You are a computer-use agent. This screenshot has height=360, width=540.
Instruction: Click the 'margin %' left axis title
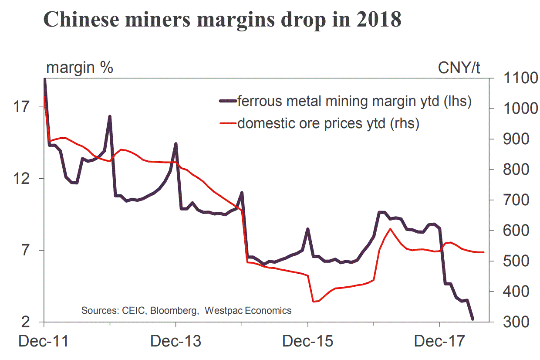coord(80,68)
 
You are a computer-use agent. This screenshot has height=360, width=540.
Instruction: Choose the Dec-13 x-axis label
coord(175,341)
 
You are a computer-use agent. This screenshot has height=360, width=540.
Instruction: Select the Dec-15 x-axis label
coord(307,341)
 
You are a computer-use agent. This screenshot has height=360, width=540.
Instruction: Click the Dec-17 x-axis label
coord(439,341)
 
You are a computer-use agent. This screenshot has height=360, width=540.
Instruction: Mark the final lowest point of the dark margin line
coord(472,319)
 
